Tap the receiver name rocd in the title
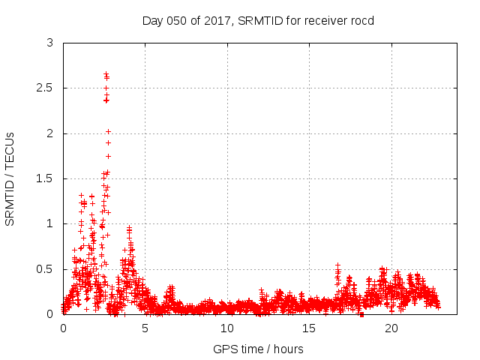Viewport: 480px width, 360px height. click(x=361, y=20)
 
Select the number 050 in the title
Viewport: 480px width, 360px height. click(x=175, y=20)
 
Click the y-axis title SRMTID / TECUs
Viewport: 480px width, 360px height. click(x=10, y=178)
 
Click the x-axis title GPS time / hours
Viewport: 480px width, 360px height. click(x=258, y=349)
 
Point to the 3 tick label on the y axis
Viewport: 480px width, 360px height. click(x=49, y=43)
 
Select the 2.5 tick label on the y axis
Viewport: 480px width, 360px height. click(x=45, y=88)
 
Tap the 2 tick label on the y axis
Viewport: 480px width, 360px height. click(x=49, y=133)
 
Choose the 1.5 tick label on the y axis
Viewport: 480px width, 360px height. click(x=45, y=178)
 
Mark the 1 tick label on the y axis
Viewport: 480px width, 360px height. click(x=49, y=223)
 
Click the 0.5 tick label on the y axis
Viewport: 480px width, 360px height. click(x=45, y=269)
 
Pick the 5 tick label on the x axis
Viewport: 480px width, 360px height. click(x=145, y=328)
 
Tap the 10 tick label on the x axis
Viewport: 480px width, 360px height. click(x=227, y=328)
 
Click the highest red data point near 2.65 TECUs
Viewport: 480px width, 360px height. click(x=106, y=73)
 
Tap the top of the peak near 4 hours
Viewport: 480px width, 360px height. click(x=129, y=227)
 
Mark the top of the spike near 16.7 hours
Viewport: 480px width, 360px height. click(x=337, y=265)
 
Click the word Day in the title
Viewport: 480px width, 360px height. click(x=152, y=20)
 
